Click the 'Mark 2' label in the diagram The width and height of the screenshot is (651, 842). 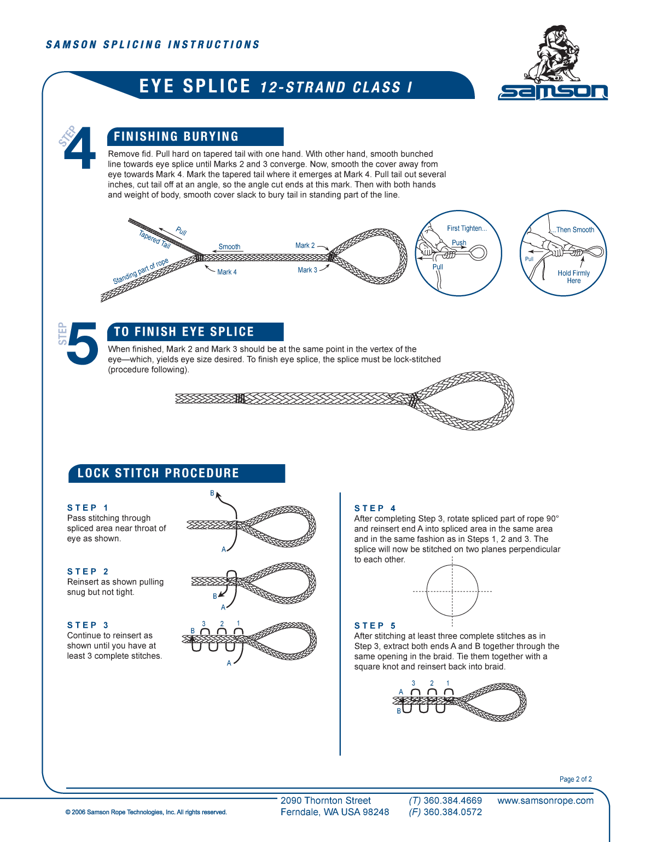[x=305, y=245]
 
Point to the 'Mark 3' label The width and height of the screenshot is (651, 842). [x=307, y=270]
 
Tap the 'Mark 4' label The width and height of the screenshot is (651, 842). [x=226, y=272]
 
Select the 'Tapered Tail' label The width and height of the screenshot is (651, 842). [x=155, y=239]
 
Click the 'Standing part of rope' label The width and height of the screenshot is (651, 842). [x=141, y=271]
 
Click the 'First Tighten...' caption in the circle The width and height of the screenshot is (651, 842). [x=466, y=229]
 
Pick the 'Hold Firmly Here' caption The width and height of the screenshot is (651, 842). [x=573, y=277]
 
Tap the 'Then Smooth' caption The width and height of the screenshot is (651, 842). [x=574, y=230]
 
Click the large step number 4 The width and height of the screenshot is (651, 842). [x=80, y=149]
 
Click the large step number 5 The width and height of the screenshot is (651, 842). [x=82, y=343]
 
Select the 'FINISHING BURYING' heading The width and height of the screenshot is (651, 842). [x=176, y=137]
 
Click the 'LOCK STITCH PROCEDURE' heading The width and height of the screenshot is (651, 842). [x=158, y=473]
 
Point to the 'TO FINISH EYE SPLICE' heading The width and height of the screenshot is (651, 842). [x=184, y=332]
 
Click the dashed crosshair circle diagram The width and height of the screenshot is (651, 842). [x=452, y=591]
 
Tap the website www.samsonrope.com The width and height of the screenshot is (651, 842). [x=545, y=800]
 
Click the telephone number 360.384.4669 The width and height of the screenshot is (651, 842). [x=452, y=800]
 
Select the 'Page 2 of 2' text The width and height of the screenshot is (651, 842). [x=575, y=779]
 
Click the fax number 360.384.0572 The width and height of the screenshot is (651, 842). [x=452, y=812]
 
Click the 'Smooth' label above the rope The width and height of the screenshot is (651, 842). [x=229, y=247]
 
